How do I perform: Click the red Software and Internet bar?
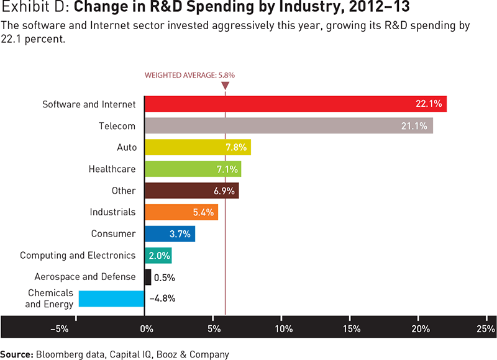[295, 104]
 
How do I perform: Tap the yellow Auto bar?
[197, 147]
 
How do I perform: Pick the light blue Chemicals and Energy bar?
[111, 299]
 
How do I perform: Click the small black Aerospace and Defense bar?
[148, 277]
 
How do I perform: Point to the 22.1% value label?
[429, 104]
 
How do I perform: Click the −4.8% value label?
[163, 298]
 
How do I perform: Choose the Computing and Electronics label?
[78, 255]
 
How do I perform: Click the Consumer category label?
[112, 233]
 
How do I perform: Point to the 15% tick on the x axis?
[352, 328]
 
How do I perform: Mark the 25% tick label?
[486, 328]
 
